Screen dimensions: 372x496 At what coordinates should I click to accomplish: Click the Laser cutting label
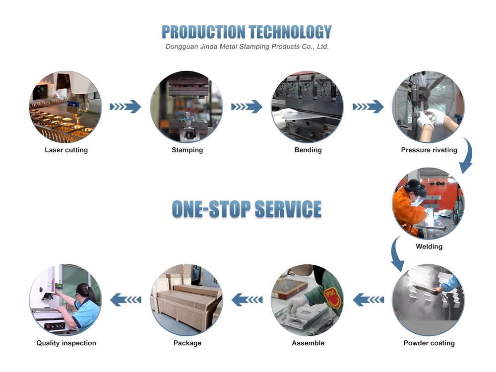66,150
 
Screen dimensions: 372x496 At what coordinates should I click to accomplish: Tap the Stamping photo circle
187,106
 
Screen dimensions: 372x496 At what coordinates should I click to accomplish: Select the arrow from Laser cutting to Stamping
125,107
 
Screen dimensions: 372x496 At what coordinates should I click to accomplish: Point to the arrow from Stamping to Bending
247,107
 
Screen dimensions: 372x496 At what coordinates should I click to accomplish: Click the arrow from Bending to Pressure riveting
368,107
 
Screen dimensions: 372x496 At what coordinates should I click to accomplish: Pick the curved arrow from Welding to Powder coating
397,253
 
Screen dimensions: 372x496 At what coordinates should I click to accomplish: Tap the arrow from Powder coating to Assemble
368,299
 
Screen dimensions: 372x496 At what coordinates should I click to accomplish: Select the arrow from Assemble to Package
247,299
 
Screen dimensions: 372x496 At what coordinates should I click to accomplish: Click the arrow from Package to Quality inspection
125,299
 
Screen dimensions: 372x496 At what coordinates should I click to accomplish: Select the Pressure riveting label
429,150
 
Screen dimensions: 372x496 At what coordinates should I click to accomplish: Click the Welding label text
429,246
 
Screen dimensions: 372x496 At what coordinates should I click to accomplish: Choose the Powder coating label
429,343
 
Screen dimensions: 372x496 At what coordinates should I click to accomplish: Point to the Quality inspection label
66,343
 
